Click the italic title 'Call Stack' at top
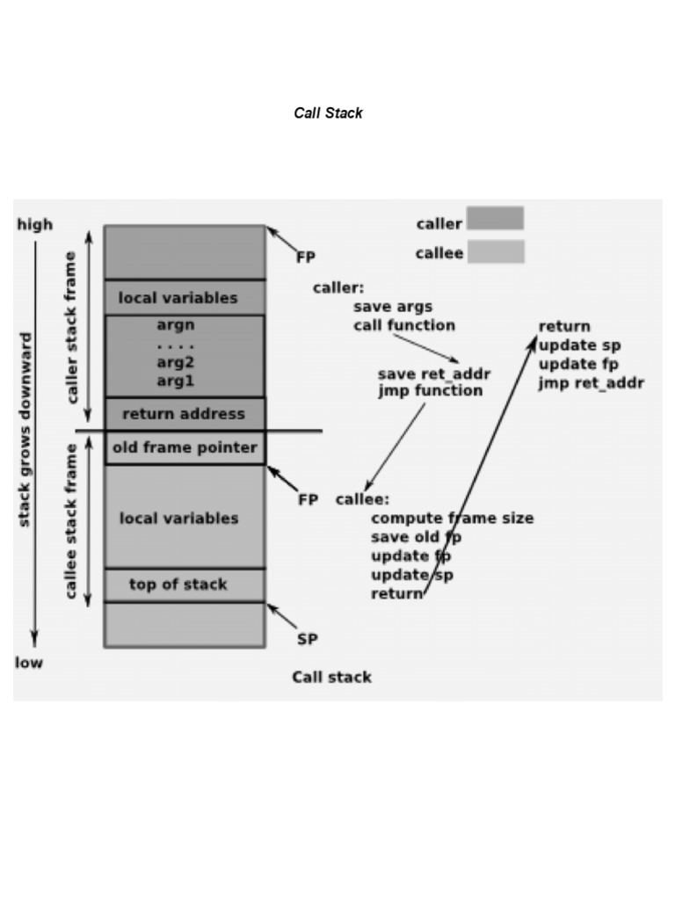pos(328,113)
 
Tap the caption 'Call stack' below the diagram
pos(331,677)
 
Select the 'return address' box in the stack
pos(184,413)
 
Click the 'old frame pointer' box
pos(185,447)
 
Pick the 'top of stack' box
pos(178,584)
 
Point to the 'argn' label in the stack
pos(176,324)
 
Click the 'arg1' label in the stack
pos(176,381)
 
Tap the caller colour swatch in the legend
pos(495,219)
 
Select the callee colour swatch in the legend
pos(495,252)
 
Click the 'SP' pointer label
pos(307,639)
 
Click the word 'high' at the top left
pos(35,224)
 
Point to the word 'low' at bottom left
pos(28,662)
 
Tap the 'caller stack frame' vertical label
pos(72,326)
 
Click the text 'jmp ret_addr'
pos(591,383)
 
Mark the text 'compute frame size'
pos(452,518)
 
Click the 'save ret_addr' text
pos(434,374)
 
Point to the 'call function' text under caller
pos(404,325)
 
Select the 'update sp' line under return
pos(579,345)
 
